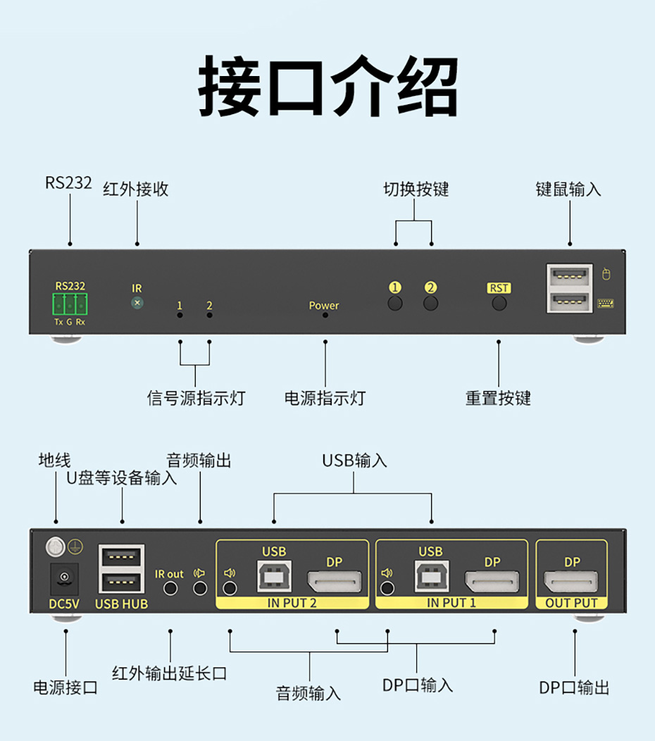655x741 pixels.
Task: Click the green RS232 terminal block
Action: point(70,304)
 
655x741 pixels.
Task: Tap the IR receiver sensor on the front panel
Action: point(137,303)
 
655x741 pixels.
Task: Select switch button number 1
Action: point(395,304)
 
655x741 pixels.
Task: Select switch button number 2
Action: point(430,304)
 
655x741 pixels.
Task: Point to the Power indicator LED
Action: point(325,316)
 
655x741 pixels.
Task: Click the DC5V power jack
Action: point(64,579)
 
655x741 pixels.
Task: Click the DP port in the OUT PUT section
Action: point(571,581)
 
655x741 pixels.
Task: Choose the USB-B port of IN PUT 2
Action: point(274,576)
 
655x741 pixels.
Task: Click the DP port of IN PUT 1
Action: point(492,582)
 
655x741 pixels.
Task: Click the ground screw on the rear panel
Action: point(55,546)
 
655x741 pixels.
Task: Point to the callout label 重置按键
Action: point(498,399)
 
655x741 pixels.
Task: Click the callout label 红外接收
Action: point(136,189)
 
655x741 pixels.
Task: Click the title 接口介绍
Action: point(327,86)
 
